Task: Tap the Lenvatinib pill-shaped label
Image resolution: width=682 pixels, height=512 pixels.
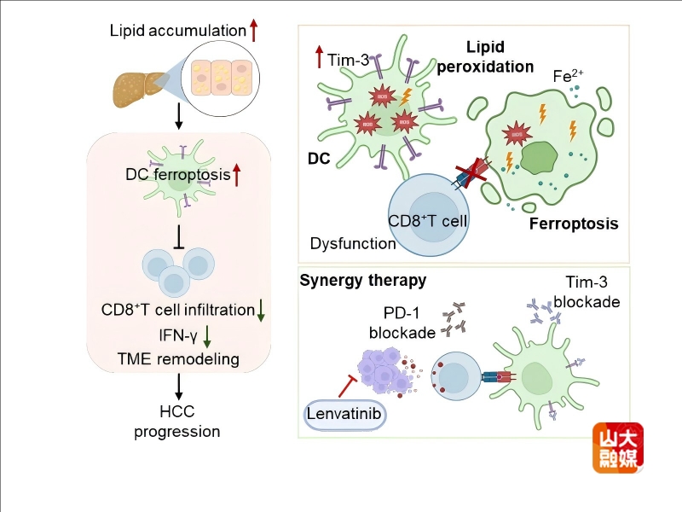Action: click(344, 416)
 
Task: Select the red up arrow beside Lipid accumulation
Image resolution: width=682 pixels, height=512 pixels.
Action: click(254, 31)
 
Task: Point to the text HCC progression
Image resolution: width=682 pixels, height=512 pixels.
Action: click(177, 422)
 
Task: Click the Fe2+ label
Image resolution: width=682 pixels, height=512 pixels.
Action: click(567, 76)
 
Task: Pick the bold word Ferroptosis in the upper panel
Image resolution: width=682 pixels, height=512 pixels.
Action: click(574, 224)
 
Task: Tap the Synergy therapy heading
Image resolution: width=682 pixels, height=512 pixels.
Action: click(362, 280)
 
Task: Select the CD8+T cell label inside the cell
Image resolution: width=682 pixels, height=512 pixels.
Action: click(430, 221)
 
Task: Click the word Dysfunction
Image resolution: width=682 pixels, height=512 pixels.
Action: click(353, 243)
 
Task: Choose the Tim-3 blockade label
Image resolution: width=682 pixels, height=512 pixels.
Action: click(587, 292)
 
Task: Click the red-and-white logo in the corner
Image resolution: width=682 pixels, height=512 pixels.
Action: click(618, 448)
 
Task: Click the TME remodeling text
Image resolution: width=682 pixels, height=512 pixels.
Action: click(177, 358)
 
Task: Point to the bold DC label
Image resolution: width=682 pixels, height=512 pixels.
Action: click(319, 159)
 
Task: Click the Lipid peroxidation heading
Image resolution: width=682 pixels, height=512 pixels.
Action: click(485, 56)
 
